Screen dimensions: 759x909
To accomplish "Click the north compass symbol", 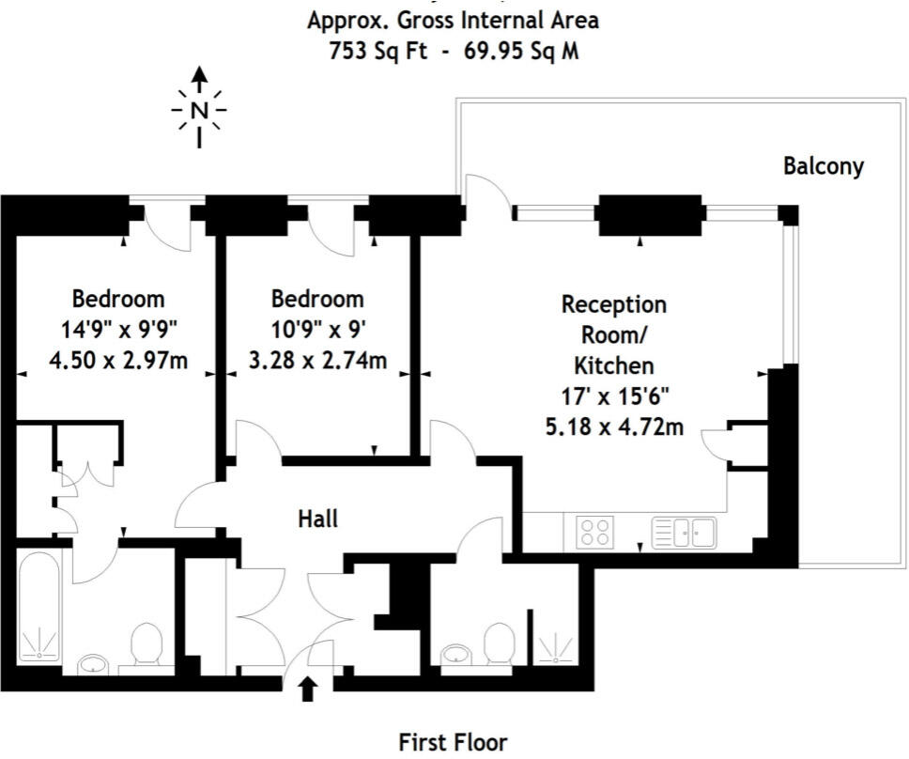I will [x=199, y=110].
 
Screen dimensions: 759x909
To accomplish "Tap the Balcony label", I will [x=824, y=167].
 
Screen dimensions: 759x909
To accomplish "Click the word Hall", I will [x=317, y=518].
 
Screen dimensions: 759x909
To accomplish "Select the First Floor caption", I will [x=454, y=742].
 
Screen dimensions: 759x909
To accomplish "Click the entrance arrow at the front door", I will [x=308, y=690].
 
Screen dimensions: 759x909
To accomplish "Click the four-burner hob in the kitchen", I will [x=593, y=533].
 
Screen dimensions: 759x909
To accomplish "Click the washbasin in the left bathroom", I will [x=94, y=663].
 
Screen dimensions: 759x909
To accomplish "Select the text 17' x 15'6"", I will [x=614, y=396].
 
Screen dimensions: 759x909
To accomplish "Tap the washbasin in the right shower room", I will [x=456, y=653].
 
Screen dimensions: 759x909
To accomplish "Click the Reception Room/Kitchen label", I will [x=614, y=334].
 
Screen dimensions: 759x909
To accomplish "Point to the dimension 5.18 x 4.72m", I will [x=614, y=427].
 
